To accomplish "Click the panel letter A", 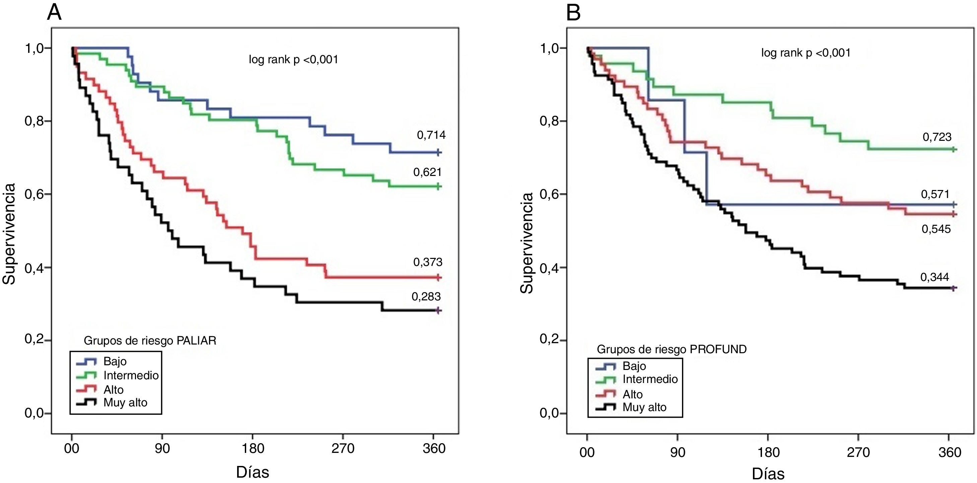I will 54,13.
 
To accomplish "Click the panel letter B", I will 573,13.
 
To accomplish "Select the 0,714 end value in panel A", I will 431,135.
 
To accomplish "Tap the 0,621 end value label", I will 427,172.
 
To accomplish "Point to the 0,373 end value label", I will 428,262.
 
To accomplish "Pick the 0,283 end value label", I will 426,297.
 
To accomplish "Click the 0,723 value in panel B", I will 937,137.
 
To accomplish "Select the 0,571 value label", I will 935,194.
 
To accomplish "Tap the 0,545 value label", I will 936,229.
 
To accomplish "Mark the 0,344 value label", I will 934,277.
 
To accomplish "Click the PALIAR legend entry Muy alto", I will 125,402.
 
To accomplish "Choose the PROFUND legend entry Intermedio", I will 650,379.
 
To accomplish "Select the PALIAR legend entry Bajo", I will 115,361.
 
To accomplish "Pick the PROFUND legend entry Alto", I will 633,394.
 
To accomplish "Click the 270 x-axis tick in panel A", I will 343,449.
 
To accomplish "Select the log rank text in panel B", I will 806,53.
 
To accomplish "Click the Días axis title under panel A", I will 253,472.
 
